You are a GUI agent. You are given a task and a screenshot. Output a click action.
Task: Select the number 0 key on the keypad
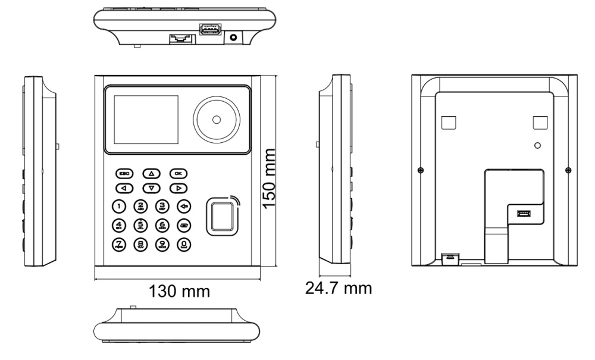click(185, 244)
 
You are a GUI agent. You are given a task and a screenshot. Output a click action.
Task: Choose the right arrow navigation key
click(178, 189)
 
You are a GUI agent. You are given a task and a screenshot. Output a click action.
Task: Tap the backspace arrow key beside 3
click(185, 206)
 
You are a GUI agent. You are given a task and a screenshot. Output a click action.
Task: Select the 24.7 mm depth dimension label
click(339, 289)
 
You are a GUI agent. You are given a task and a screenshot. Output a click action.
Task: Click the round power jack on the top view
click(233, 37)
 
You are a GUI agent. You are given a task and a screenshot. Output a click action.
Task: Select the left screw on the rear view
click(421, 171)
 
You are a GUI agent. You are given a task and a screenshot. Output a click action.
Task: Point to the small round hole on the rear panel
click(537, 145)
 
